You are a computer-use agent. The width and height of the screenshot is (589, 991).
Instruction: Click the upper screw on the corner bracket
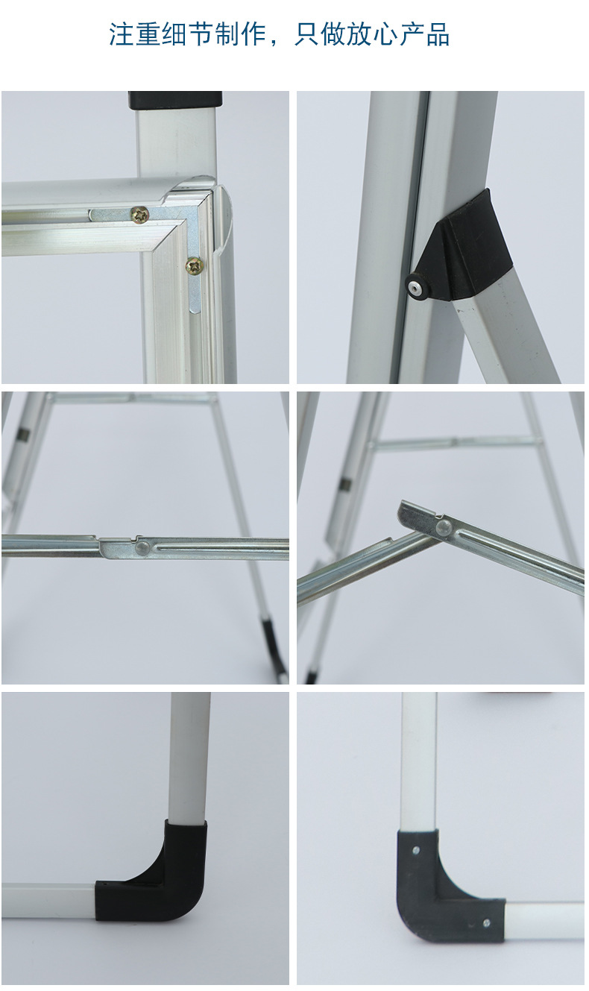click(139, 215)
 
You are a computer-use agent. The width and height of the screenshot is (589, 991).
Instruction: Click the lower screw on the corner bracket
click(195, 266)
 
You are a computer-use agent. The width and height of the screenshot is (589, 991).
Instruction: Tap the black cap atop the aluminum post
click(175, 101)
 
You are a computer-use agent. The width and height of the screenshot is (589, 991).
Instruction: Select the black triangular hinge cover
click(460, 248)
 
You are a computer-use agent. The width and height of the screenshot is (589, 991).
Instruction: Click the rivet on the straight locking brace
click(141, 548)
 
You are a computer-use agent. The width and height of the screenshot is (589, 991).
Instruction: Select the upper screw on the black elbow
click(415, 850)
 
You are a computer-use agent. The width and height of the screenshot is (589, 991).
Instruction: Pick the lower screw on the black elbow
click(486, 922)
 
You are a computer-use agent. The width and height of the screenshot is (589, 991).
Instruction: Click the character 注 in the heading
click(122, 34)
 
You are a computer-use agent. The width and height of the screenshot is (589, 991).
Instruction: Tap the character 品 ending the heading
click(438, 34)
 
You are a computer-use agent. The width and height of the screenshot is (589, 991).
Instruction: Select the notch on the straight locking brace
click(137, 538)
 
